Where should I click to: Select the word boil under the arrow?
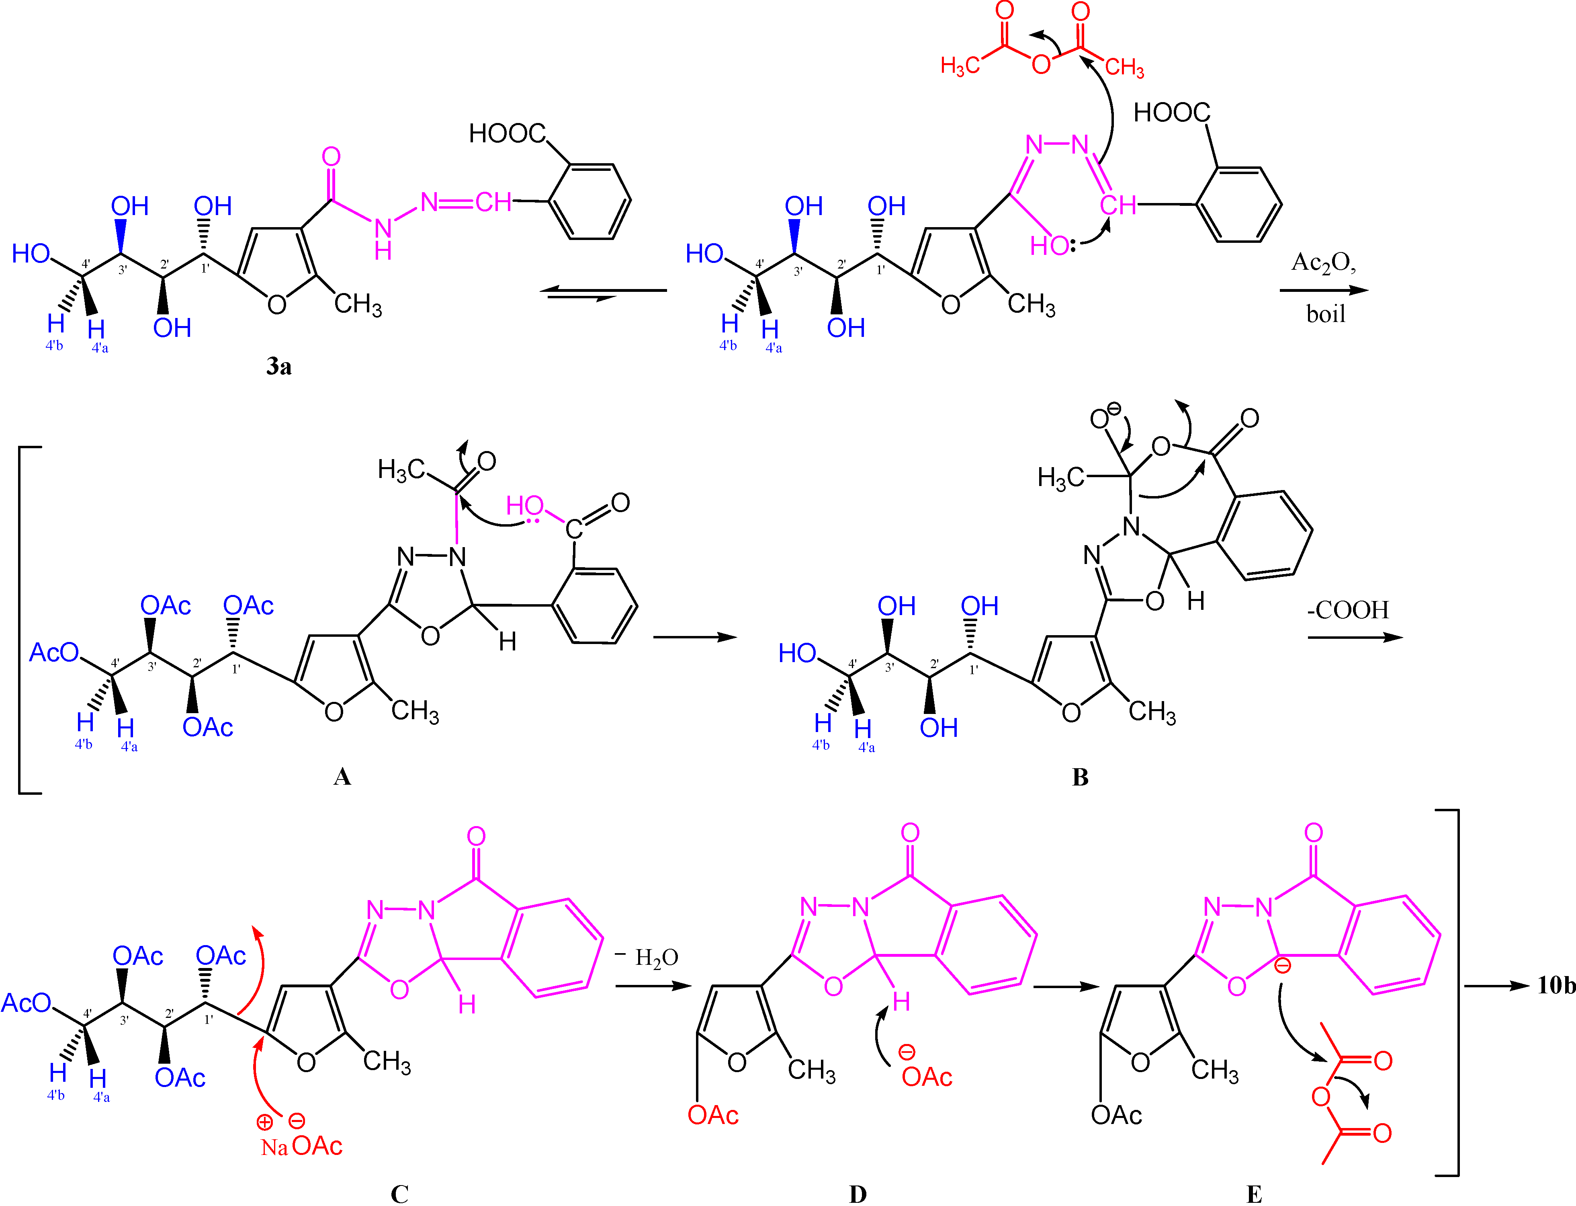click(1325, 314)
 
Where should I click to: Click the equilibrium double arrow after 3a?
click(603, 293)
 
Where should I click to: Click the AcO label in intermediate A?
click(54, 652)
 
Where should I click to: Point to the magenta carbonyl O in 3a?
click(331, 156)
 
